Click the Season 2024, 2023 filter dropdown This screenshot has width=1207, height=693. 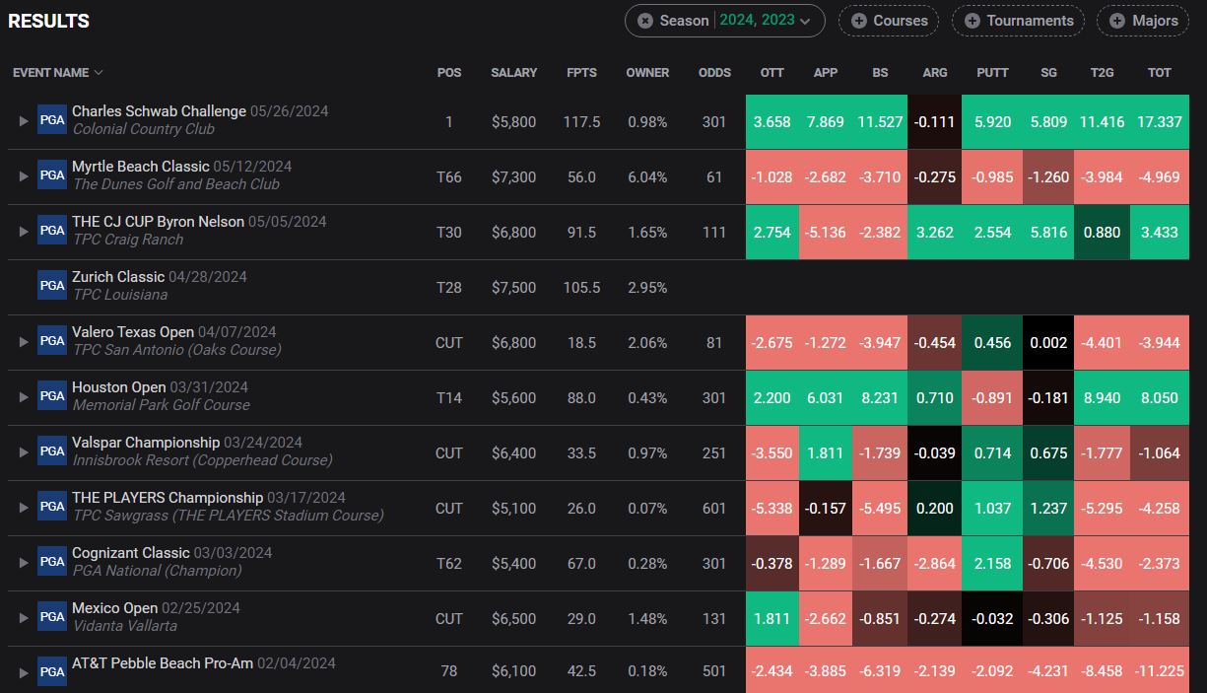coord(725,21)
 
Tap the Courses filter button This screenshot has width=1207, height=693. coord(889,21)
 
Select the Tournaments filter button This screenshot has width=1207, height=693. coord(1019,21)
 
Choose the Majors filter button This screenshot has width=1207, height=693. coord(1143,21)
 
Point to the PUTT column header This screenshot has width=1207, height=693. coord(992,73)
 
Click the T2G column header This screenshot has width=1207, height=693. coord(1102,73)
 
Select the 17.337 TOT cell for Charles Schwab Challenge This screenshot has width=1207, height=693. coord(1160,122)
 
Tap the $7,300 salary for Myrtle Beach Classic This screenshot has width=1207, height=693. coord(513,176)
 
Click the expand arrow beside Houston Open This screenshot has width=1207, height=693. coord(24,397)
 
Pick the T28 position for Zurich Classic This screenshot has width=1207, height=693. coord(449,288)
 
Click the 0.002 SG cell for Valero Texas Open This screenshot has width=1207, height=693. coord(1048,342)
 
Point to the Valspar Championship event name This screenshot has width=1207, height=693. coord(146,443)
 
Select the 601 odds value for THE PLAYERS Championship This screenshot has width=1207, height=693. coord(714,508)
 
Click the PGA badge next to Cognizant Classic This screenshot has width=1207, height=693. coord(52,562)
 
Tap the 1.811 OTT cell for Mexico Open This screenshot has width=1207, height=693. coord(772,619)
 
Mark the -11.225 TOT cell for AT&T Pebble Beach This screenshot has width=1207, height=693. coord(1160,670)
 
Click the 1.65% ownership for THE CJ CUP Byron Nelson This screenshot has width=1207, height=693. coord(647,233)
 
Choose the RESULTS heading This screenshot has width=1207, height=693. coord(48,21)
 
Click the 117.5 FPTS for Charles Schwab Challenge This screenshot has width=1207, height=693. coord(581,122)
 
